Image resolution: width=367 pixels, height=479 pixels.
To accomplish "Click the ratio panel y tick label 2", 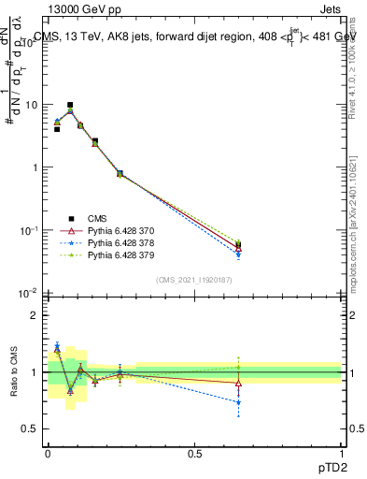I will [x=34, y=315].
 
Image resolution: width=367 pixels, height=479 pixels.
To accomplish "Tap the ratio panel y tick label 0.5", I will [x=29, y=428].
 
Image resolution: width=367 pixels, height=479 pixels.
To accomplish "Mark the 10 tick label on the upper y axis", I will [x=31, y=105].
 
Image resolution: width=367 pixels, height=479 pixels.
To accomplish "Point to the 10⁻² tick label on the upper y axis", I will [x=28, y=294].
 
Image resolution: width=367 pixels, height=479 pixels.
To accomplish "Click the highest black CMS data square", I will [x=70, y=106].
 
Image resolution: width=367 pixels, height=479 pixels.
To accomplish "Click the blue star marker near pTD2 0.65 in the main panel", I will [x=239, y=254].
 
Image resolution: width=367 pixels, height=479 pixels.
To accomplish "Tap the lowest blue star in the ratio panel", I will [x=239, y=402].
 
